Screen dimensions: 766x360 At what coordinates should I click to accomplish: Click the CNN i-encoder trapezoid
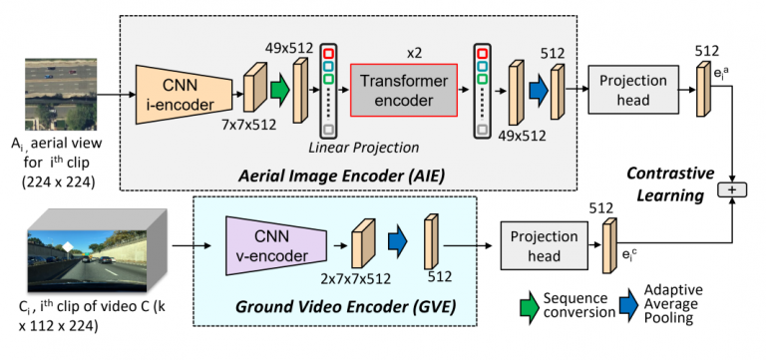coord(185,95)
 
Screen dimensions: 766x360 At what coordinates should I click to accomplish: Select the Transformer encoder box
coord(404,90)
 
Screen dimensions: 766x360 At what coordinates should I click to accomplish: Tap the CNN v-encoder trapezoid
coord(276,245)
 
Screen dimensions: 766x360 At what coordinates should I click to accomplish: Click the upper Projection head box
coord(633,90)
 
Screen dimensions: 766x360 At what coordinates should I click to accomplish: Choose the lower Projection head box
coord(544,245)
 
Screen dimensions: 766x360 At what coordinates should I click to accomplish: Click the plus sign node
coord(732,190)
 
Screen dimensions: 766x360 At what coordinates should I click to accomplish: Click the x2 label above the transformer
coord(414,53)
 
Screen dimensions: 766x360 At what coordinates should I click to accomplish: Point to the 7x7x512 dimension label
coord(248,125)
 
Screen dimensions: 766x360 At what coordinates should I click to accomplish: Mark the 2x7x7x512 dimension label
coord(355,278)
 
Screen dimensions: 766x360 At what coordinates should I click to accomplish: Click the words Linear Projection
coord(363,147)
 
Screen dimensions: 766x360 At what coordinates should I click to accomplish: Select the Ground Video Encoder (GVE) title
coord(345,307)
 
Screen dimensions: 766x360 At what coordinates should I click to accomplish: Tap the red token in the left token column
coord(328,53)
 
